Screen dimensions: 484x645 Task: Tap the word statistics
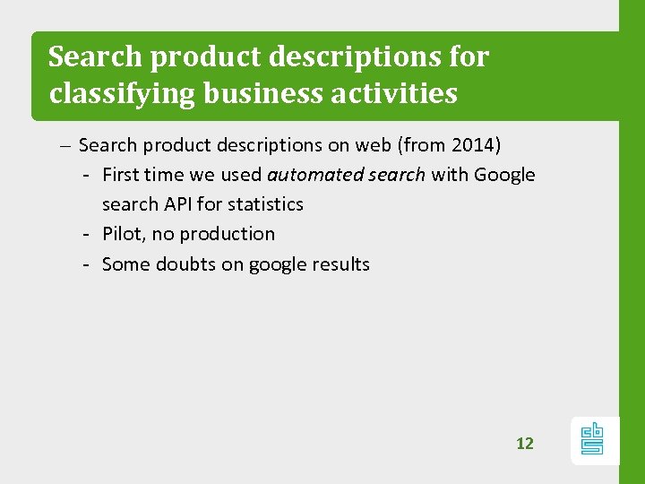click(267, 203)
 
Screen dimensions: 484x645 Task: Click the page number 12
click(524, 443)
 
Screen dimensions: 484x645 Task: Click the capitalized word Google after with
click(504, 174)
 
